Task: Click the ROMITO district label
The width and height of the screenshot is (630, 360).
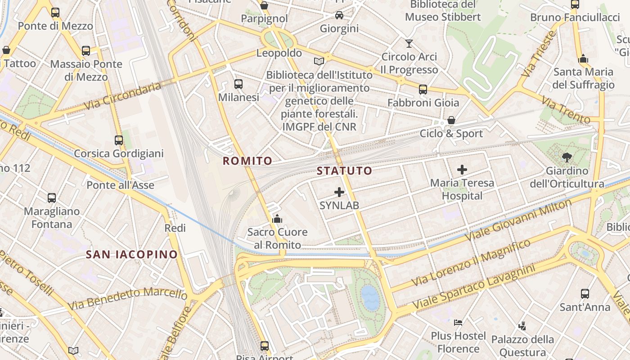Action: [247, 161]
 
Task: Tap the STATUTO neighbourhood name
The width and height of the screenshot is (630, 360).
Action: [344, 171]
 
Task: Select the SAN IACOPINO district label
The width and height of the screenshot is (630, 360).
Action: [132, 254]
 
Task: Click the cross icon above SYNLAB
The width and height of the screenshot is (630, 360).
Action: [339, 192]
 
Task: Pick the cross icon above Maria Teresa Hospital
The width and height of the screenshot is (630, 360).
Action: [462, 170]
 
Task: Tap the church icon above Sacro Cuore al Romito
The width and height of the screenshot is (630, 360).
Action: [277, 219]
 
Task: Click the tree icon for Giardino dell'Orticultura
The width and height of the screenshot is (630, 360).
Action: [567, 157]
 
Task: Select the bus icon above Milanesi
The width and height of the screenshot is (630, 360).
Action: [238, 84]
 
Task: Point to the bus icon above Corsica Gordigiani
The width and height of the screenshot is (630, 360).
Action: [118, 140]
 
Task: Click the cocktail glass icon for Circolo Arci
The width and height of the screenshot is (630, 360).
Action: [409, 44]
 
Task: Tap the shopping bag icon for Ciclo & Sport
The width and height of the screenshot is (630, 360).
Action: [451, 120]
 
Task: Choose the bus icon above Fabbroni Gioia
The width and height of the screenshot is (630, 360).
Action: [423, 89]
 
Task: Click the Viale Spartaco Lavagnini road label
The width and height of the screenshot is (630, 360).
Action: [474, 287]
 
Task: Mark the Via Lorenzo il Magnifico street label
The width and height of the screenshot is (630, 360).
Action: [471, 263]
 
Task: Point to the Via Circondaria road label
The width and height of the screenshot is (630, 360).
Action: [122, 96]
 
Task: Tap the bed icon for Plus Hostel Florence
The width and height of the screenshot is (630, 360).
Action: [458, 322]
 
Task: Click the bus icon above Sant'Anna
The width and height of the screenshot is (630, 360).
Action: [585, 294]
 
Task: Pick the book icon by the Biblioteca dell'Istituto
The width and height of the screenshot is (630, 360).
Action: [319, 61]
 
